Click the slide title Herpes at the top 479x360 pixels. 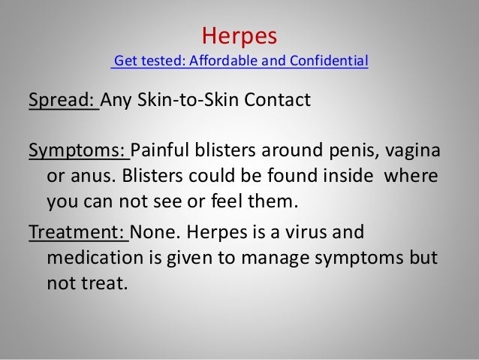point(240,35)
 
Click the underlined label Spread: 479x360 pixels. point(63,100)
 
